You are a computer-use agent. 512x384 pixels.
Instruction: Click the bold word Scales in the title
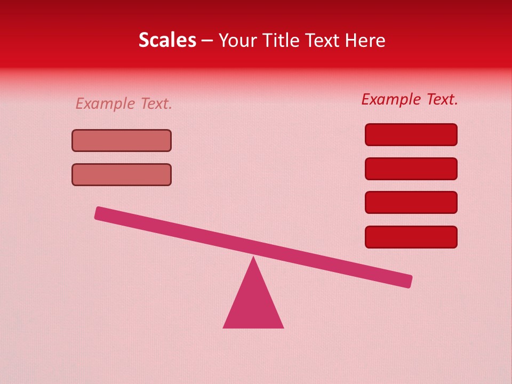[x=167, y=40]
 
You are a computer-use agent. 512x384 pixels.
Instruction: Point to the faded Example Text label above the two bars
[x=124, y=103]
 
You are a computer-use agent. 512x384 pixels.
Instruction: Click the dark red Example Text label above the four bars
[x=410, y=99]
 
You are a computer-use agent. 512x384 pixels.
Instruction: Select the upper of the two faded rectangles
[x=122, y=140]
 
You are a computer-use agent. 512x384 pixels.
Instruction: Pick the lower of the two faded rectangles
[x=122, y=174]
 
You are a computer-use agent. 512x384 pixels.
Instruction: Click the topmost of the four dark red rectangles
[x=411, y=134]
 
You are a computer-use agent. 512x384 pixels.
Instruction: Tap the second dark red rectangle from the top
[x=411, y=169]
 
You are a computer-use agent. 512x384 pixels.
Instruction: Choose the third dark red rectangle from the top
[x=411, y=203]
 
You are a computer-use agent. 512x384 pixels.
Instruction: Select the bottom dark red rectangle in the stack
[x=411, y=237]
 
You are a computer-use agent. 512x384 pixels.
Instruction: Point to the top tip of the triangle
[x=253, y=258]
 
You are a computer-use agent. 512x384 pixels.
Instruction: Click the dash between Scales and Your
[x=207, y=41]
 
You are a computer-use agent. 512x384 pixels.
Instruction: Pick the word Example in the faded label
[x=105, y=103]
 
